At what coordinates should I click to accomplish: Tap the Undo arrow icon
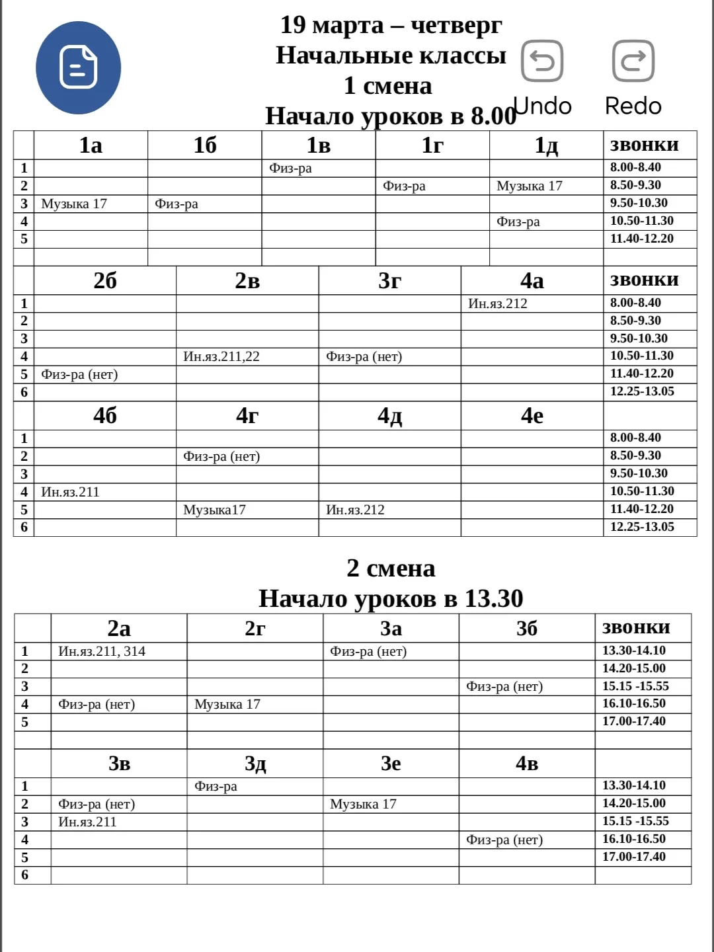point(542,61)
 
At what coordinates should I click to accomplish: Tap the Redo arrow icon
point(633,61)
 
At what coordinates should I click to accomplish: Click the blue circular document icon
point(78,67)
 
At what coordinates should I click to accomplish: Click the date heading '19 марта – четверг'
point(391,25)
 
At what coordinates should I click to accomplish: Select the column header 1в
point(318,145)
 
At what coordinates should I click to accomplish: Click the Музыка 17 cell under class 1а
point(74,204)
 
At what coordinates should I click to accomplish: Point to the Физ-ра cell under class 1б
point(177,204)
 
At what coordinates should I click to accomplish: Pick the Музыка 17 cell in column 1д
point(529,186)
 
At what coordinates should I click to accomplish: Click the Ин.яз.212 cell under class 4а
point(498,303)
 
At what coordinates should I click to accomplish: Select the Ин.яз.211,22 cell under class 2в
point(221,356)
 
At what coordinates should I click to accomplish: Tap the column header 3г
point(389,280)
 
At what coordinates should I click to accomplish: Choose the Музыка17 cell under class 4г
point(214,510)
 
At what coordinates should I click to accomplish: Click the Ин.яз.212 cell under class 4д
point(355,510)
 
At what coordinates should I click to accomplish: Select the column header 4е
point(532,415)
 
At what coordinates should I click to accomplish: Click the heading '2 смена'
point(391,568)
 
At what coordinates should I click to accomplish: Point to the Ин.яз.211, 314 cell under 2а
point(102,651)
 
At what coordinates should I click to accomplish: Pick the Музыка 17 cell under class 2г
point(227,704)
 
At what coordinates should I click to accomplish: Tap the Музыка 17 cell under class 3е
point(363,804)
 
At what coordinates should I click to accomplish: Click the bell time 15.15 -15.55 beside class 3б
point(635,686)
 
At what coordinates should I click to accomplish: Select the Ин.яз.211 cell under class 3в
point(87,822)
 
